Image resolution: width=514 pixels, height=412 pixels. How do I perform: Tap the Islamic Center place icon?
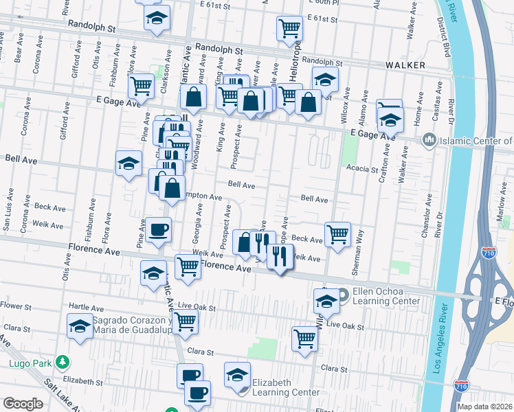430,141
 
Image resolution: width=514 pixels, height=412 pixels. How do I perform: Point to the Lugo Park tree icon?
63,360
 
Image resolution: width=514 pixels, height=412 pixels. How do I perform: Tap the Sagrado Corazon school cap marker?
80,325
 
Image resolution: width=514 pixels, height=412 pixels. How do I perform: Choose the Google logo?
23,404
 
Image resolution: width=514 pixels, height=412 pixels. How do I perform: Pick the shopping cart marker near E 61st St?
289,28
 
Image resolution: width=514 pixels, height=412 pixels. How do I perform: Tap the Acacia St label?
362,169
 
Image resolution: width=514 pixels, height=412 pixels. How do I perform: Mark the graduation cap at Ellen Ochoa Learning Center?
326,300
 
